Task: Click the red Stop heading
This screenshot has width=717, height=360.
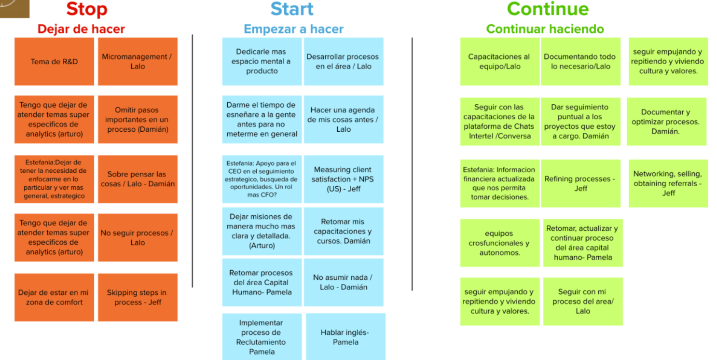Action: [87, 9]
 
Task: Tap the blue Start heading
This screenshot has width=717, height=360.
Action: [292, 9]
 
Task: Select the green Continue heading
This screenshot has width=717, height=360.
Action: [548, 9]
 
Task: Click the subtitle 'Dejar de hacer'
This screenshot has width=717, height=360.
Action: [81, 29]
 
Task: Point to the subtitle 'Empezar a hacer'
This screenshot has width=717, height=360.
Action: [293, 29]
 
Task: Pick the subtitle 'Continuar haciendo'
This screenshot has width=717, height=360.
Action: [545, 29]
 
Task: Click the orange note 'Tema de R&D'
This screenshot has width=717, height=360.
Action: [54, 62]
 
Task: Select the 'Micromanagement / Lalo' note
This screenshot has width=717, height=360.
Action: [138, 62]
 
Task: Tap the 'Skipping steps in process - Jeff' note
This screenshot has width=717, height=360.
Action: [138, 297]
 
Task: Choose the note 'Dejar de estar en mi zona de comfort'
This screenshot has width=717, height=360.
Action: [54, 297]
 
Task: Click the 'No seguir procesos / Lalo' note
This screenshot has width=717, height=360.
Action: [138, 237]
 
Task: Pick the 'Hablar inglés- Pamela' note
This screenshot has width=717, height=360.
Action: [345, 337]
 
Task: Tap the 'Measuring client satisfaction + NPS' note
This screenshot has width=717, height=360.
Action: [344, 179]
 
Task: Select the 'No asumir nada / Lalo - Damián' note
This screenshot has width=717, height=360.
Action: [344, 282]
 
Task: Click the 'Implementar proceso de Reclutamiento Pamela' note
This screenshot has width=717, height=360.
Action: [262, 337]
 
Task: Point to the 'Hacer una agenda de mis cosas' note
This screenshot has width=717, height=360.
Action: [344, 119]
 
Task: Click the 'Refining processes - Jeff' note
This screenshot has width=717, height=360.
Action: [581, 183]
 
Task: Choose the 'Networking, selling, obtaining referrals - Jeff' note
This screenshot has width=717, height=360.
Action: [668, 183]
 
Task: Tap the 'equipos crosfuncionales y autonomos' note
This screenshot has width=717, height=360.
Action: [499, 243]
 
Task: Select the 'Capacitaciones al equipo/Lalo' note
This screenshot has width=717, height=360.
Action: [499, 62]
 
